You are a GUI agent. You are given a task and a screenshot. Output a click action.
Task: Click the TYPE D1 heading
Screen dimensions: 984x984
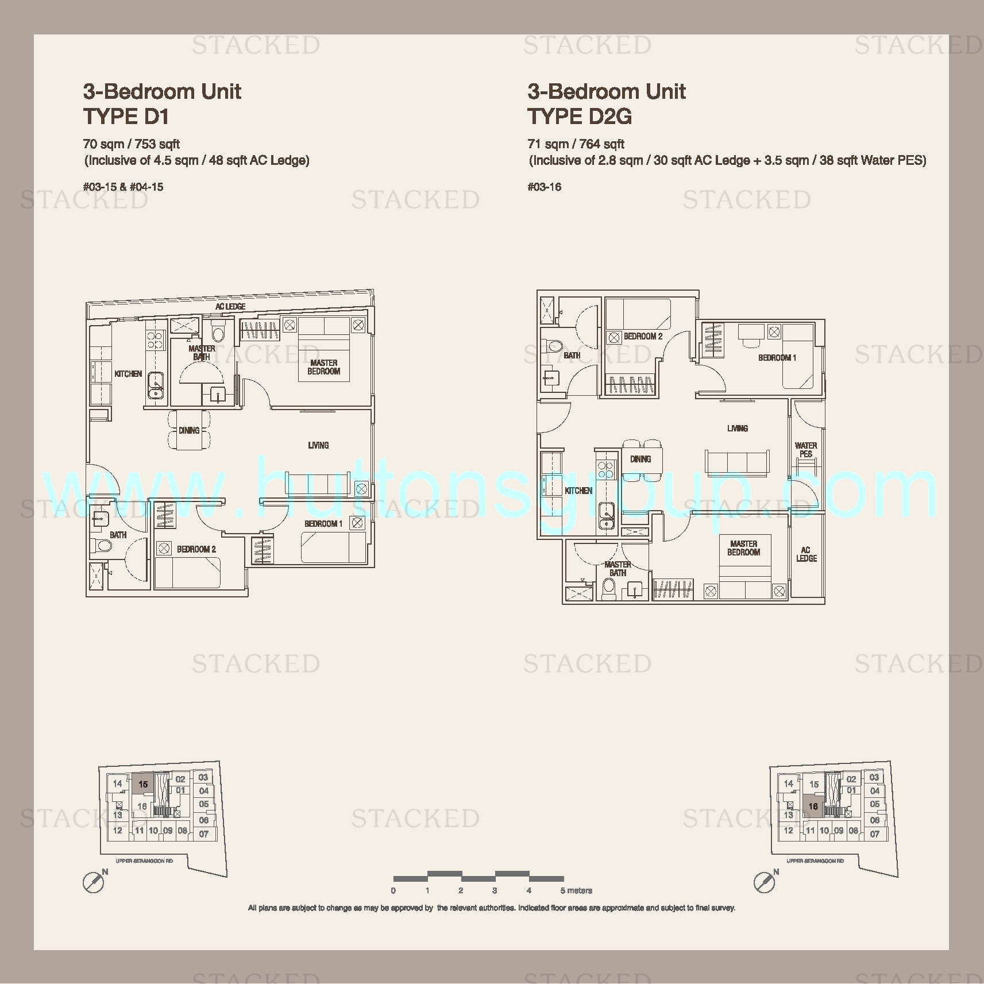[x=126, y=117]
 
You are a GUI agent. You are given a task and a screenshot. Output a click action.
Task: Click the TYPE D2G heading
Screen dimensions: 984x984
[x=580, y=117]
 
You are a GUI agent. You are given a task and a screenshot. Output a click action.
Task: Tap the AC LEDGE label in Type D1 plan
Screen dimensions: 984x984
[x=230, y=307]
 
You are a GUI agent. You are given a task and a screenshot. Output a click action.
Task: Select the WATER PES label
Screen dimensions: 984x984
[x=806, y=449]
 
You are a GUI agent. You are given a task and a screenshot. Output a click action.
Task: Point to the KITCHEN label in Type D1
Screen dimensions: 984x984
[x=128, y=374]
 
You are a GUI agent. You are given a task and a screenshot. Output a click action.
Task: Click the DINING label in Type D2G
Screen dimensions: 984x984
[x=640, y=459]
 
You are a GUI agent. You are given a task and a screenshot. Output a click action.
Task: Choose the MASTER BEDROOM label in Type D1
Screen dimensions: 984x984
[x=324, y=367]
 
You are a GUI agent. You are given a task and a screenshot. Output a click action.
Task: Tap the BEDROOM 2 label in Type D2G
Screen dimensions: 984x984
[x=643, y=336]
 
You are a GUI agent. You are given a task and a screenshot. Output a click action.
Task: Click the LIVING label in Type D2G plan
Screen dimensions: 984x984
[x=738, y=428]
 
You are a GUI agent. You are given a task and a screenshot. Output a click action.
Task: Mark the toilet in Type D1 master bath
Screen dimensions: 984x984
[x=218, y=331]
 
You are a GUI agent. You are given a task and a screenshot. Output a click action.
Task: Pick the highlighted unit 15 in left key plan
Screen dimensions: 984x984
[x=143, y=784]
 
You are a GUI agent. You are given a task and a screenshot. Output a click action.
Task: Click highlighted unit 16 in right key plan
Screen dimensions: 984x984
[x=813, y=807]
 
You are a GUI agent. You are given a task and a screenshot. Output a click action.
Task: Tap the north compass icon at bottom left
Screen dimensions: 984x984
[x=94, y=882]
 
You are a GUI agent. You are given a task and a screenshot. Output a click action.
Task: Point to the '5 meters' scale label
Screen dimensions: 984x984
[x=576, y=890]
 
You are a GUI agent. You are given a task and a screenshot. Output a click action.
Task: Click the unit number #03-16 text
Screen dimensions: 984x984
[x=545, y=187]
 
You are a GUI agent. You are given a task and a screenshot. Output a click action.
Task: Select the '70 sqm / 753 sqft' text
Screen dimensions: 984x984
[x=132, y=144]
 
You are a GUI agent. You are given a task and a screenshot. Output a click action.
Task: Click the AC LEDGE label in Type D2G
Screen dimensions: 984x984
[x=806, y=554]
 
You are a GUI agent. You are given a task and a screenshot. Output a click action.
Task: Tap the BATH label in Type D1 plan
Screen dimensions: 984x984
[x=118, y=535]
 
